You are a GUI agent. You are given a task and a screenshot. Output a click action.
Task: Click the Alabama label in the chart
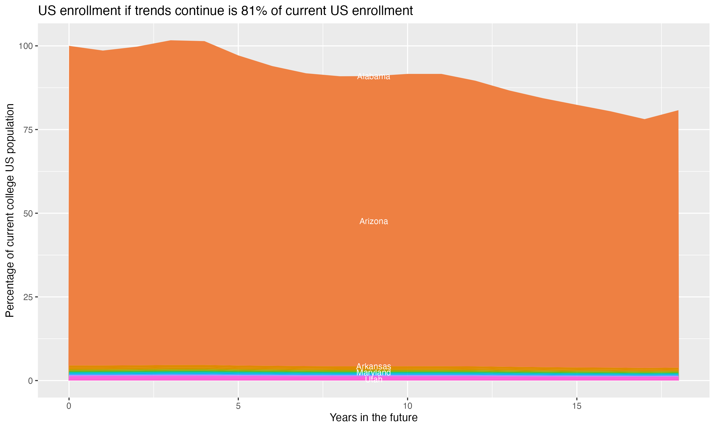tap(373, 77)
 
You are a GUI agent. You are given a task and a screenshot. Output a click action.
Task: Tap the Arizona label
tap(373, 221)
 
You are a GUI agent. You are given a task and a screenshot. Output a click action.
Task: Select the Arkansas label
tap(373, 367)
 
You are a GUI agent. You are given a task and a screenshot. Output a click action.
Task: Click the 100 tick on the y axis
tap(26, 46)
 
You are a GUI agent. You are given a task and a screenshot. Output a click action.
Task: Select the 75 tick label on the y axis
tap(28, 130)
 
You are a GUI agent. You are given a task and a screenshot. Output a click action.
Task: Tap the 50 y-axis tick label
tap(28, 214)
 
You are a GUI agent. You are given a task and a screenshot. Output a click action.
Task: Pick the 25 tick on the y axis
tap(28, 297)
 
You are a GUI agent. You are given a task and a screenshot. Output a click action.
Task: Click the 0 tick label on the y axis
tap(30, 381)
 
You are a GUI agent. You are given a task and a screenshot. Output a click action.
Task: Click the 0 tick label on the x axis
tap(69, 406)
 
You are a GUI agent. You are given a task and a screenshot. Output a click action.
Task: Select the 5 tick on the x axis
tap(238, 406)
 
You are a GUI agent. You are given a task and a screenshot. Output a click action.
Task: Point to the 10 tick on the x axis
tap(407, 406)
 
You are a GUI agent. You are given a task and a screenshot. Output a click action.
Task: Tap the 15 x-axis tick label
tap(577, 406)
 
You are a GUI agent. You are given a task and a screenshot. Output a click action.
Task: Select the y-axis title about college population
tap(10, 210)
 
